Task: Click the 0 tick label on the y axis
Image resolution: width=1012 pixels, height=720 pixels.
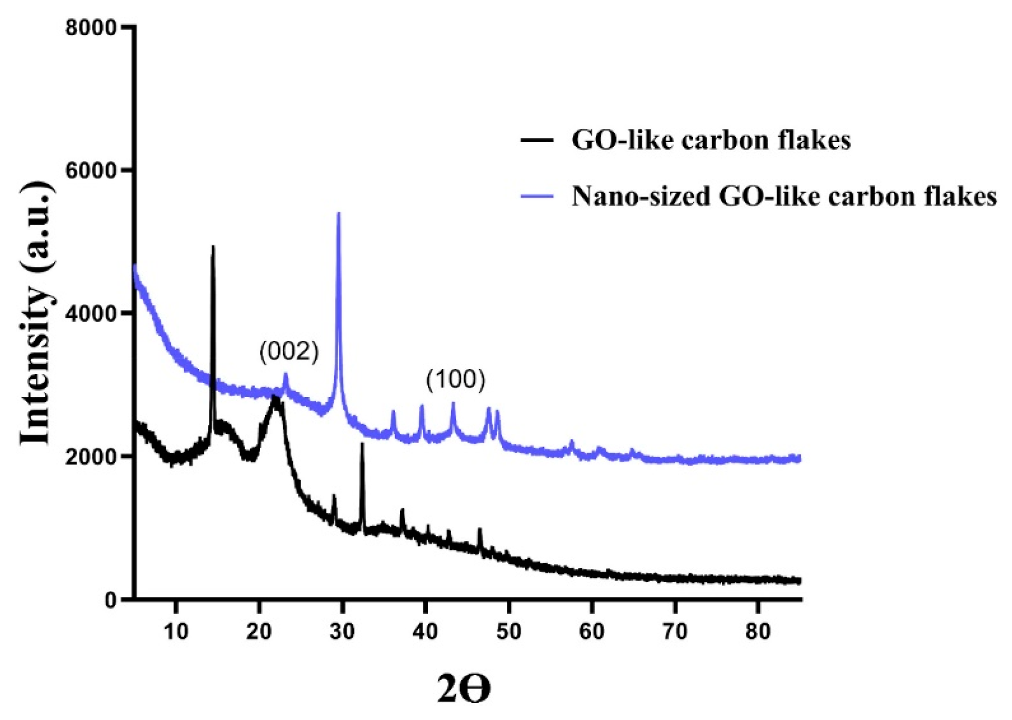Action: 110,600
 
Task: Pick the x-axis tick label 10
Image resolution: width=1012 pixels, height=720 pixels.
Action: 176,631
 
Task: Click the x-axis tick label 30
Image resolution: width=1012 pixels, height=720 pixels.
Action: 342,631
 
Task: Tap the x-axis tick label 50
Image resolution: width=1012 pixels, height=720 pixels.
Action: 509,631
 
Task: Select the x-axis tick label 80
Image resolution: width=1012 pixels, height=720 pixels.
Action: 758,631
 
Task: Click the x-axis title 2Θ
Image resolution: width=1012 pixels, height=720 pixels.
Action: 464,689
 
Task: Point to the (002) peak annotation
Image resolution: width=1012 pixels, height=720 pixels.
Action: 289,352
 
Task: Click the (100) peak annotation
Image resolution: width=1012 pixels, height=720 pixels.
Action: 455,380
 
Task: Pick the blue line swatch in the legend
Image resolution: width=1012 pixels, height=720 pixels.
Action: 537,197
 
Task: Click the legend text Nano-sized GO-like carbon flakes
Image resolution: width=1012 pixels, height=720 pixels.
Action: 784,197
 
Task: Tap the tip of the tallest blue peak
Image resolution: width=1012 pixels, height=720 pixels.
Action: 338,214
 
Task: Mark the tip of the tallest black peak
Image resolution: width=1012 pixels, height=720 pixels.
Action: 212,247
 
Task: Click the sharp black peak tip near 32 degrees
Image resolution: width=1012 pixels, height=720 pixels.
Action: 362,444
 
